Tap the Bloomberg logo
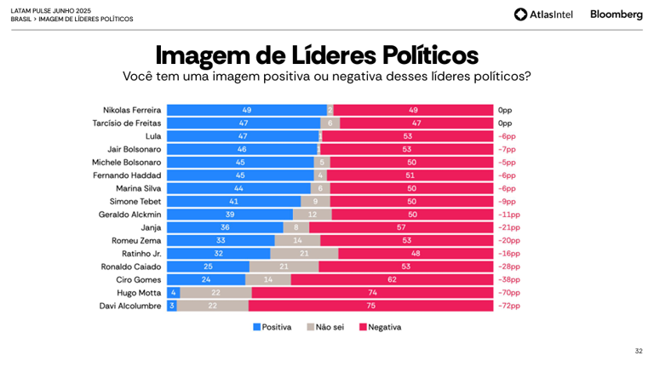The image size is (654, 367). click(617, 14)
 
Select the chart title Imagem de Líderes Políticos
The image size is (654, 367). click(317, 54)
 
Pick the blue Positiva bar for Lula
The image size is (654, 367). click(243, 136)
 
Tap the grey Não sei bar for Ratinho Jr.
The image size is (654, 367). click(304, 254)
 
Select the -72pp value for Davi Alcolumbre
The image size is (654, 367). click(508, 306)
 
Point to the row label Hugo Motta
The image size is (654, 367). click(141, 293)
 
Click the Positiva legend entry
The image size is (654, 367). click(272, 327)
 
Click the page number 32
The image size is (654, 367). click(639, 351)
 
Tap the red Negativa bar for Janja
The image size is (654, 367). click(401, 227)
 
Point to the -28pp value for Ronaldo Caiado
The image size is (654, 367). click(508, 267)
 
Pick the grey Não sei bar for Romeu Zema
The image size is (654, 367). click(297, 241)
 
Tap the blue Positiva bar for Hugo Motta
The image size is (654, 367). click(173, 293)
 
